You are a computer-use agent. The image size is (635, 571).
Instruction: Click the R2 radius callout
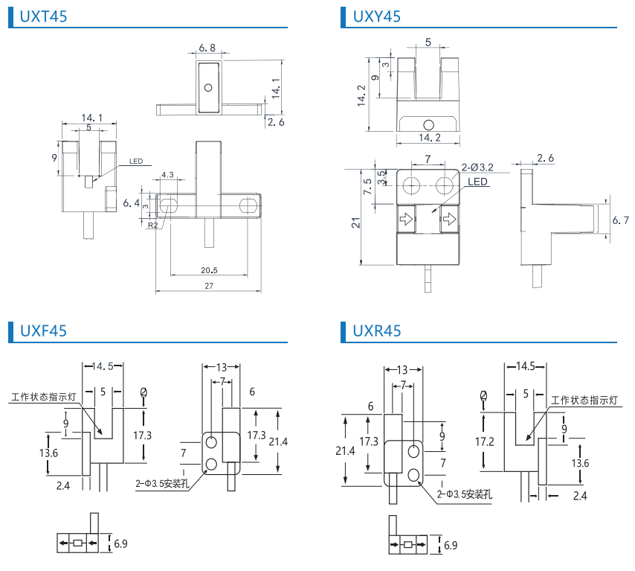click(152, 225)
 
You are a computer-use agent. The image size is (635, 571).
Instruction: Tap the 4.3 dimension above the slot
click(166, 176)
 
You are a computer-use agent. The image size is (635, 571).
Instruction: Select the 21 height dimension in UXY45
click(356, 223)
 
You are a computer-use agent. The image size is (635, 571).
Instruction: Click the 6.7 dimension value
click(620, 221)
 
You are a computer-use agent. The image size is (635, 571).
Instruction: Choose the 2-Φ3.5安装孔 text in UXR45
click(467, 493)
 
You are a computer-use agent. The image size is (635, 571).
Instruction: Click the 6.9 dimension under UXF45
click(120, 544)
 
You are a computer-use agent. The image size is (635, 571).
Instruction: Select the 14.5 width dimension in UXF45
click(103, 366)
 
